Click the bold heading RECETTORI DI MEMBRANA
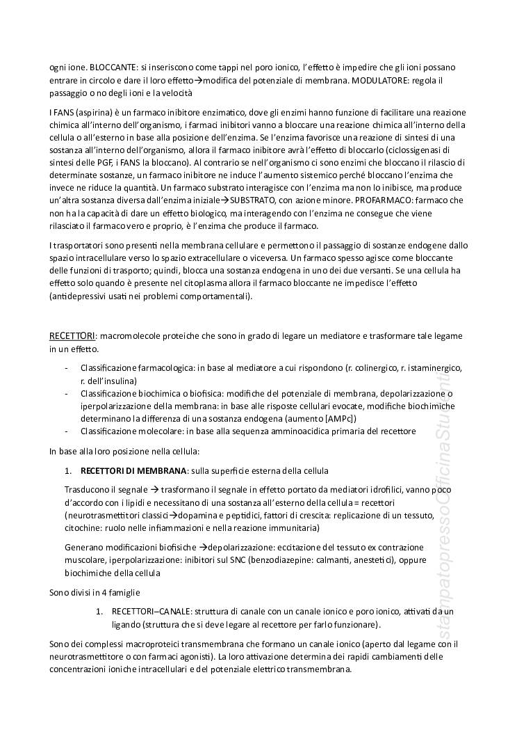coord(133,471)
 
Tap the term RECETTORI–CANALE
coord(148,612)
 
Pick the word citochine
coord(83,528)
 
